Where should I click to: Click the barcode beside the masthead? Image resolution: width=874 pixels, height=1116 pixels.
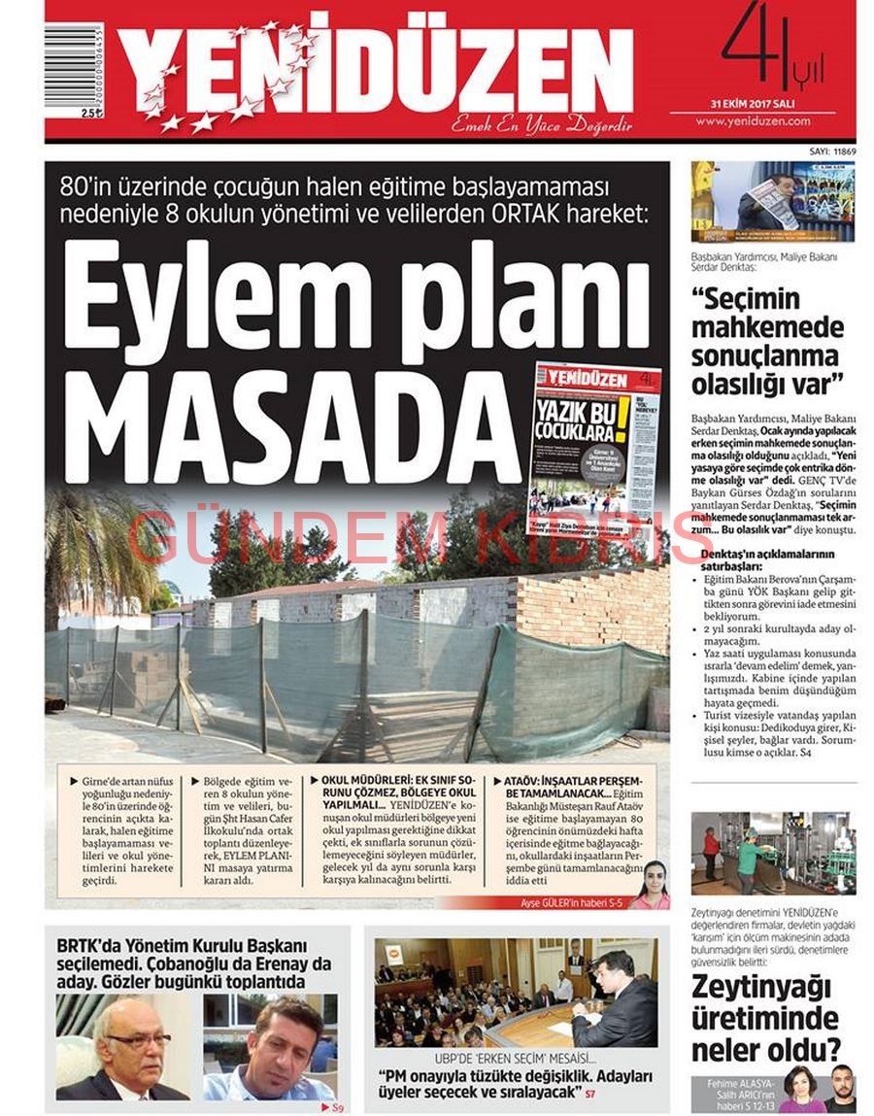click(73, 68)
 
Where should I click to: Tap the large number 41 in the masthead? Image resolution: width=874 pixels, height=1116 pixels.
click(757, 49)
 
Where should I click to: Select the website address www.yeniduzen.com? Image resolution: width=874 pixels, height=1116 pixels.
click(766, 121)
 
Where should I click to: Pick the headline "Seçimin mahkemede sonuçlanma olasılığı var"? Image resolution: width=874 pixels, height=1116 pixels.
click(767, 340)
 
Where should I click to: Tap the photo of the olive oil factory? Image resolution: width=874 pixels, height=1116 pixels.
click(773, 853)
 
